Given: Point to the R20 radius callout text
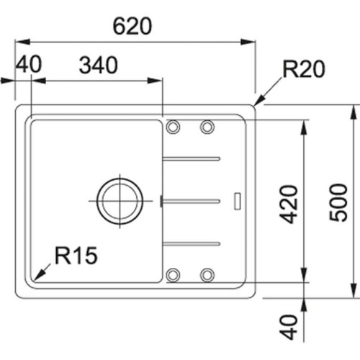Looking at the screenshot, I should [304, 69].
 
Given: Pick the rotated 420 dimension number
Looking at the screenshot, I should [288, 204].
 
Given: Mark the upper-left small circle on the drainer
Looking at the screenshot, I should [173, 127].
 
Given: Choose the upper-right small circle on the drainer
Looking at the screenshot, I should [207, 127].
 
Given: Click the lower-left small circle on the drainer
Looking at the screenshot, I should [173, 274].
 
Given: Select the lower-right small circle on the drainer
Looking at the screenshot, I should [207, 274].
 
